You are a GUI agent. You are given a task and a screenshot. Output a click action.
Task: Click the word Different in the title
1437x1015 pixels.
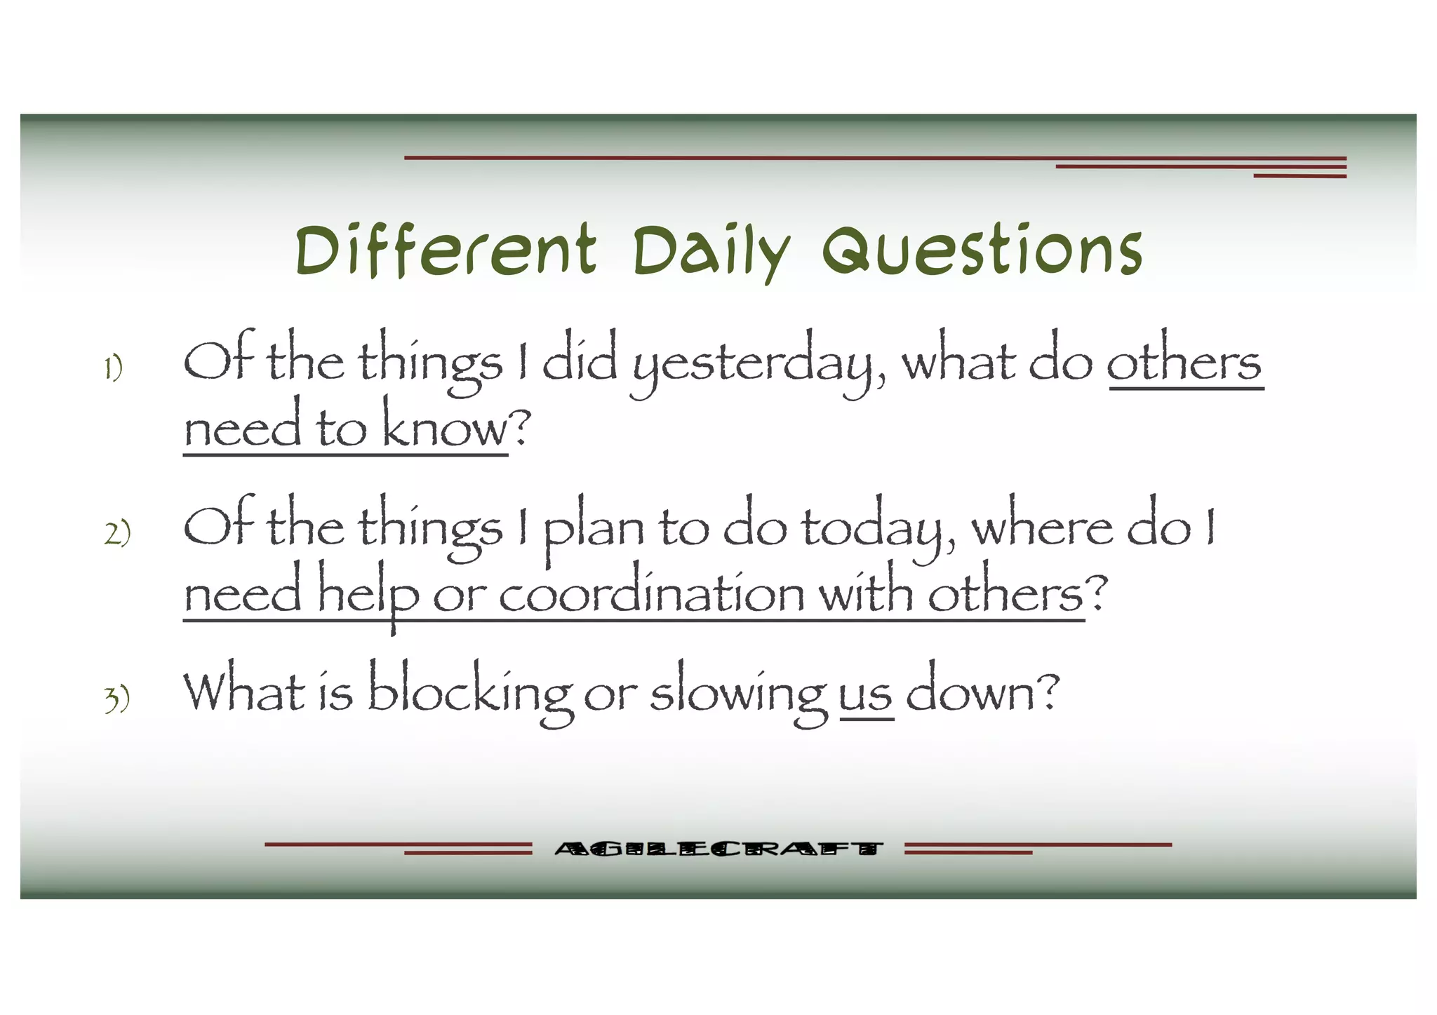coord(446,250)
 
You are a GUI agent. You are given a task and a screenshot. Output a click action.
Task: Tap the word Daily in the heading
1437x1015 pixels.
coord(710,252)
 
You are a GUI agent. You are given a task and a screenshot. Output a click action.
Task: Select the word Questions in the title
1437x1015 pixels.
coord(982,250)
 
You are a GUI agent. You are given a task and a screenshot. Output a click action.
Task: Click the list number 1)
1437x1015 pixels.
coord(113,368)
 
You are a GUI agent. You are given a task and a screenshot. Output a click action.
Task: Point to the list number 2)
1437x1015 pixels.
coord(117,532)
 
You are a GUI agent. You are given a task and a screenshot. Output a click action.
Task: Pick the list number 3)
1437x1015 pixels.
coord(117,699)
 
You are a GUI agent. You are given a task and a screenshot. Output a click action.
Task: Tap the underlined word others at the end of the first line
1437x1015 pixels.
coord(1184,363)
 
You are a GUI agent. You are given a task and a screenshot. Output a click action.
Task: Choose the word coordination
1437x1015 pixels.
coord(651,593)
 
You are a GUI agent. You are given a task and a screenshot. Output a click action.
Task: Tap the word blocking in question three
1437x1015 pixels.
coord(470,693)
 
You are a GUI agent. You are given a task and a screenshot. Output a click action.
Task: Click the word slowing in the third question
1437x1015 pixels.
coord(738,694)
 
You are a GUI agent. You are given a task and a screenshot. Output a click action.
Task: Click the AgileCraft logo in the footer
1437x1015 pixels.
coord(717,849)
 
